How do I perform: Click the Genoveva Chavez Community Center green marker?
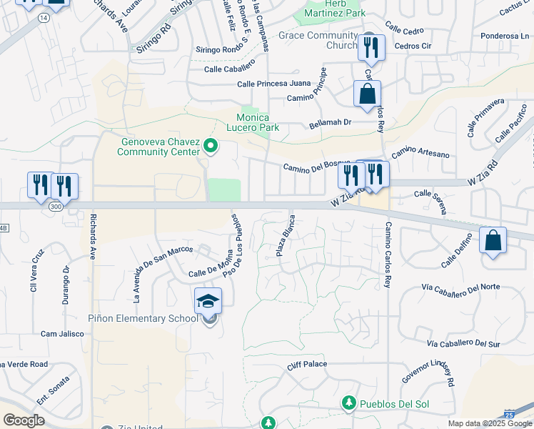[x=210, y=147]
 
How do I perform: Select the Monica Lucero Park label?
[x=253, y=122]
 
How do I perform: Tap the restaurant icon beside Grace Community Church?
[x=370, y=47]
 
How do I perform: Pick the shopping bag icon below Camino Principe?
[x=367, y=94]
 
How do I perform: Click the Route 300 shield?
[x=56, y=206]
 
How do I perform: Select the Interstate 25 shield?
[x=508, y=414]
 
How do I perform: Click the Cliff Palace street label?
[x=307, y=365]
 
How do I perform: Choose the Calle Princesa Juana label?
[x=274, y=84]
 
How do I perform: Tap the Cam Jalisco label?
[x=59, y=334]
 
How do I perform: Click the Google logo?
[x=24, y=420]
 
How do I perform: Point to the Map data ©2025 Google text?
[x=490, y=423]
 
